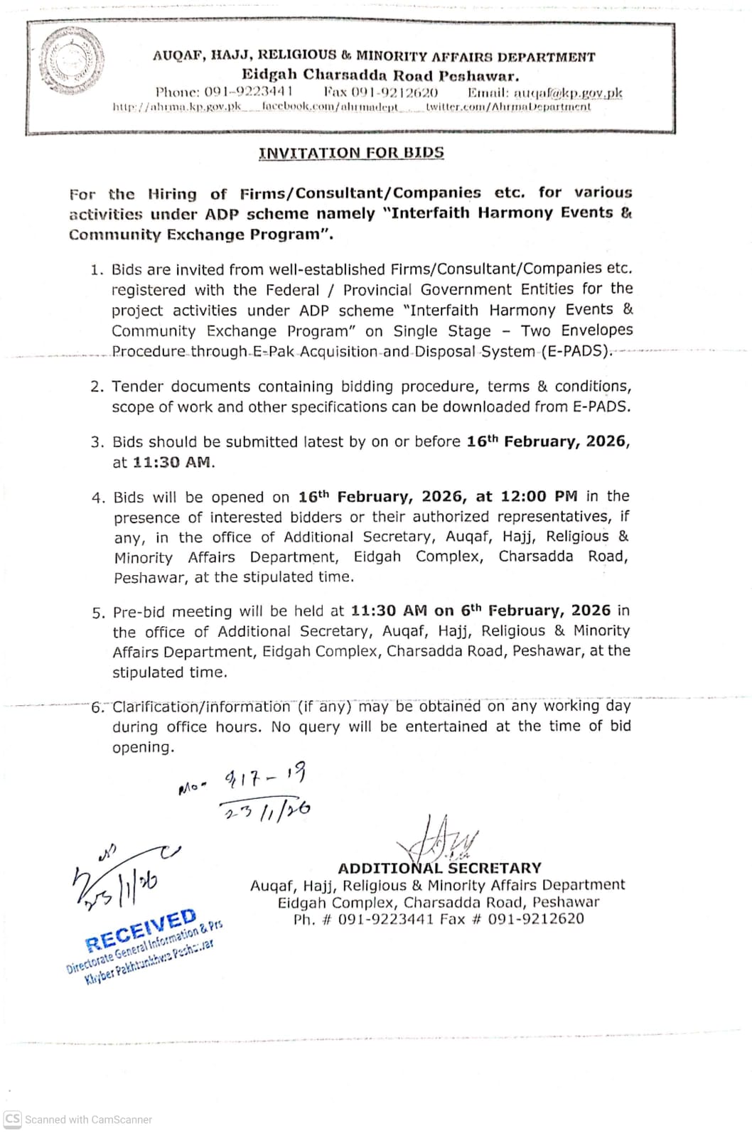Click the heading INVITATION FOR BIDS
pos(351,153)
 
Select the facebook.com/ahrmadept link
pos(330,107)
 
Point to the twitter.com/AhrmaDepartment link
pos(508,107)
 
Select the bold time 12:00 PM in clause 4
pos(527,496)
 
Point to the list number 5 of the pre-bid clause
pos(98,613)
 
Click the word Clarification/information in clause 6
pos(201,707)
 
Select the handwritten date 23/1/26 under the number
pos(267,810)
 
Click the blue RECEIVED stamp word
pos(141,930)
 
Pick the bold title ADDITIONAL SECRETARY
pos(439,868)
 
